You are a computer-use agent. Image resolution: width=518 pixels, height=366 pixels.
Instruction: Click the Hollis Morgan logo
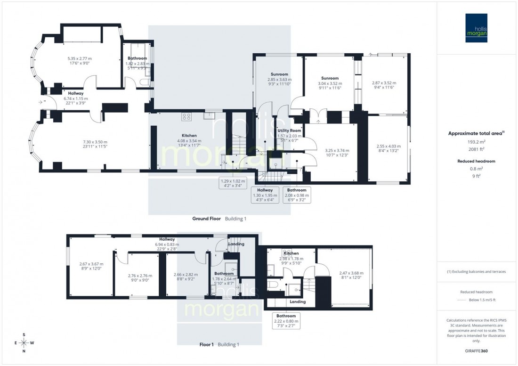point(476,28)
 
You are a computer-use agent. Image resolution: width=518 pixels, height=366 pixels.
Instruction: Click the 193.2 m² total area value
point(476,141)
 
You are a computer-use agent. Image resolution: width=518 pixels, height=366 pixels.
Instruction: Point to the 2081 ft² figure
point(476,149)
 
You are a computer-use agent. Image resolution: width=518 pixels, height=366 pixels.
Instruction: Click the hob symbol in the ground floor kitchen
point(186,117)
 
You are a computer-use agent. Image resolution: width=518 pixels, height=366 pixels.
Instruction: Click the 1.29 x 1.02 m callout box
point(233,183)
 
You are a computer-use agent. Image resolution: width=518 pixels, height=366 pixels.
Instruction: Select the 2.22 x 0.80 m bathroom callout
point(286,321)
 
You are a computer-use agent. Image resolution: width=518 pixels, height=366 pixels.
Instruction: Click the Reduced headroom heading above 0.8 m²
point(476,161)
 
